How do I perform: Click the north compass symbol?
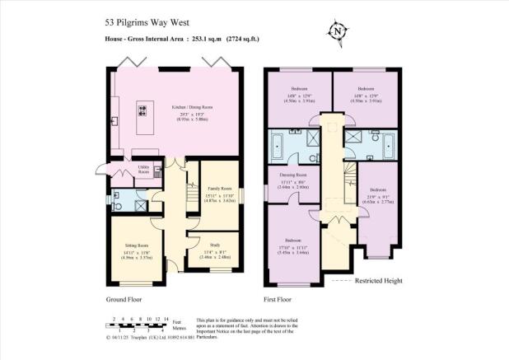pyautogui.click(x=337, y=33)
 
